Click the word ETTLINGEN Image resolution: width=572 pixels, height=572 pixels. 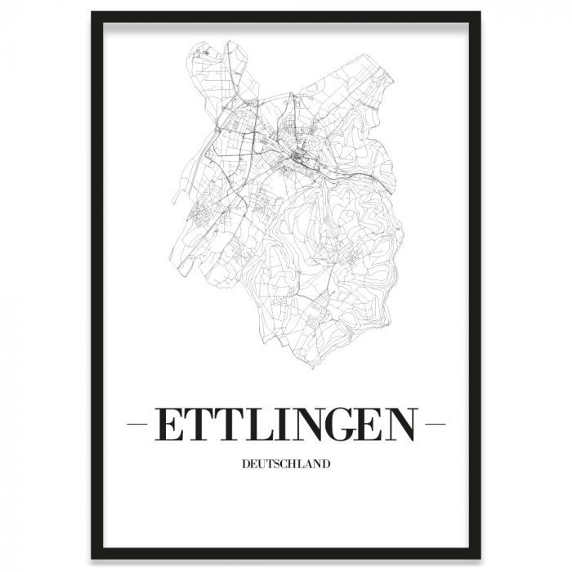click(285, 425)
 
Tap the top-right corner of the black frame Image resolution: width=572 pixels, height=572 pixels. click(477, 15)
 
